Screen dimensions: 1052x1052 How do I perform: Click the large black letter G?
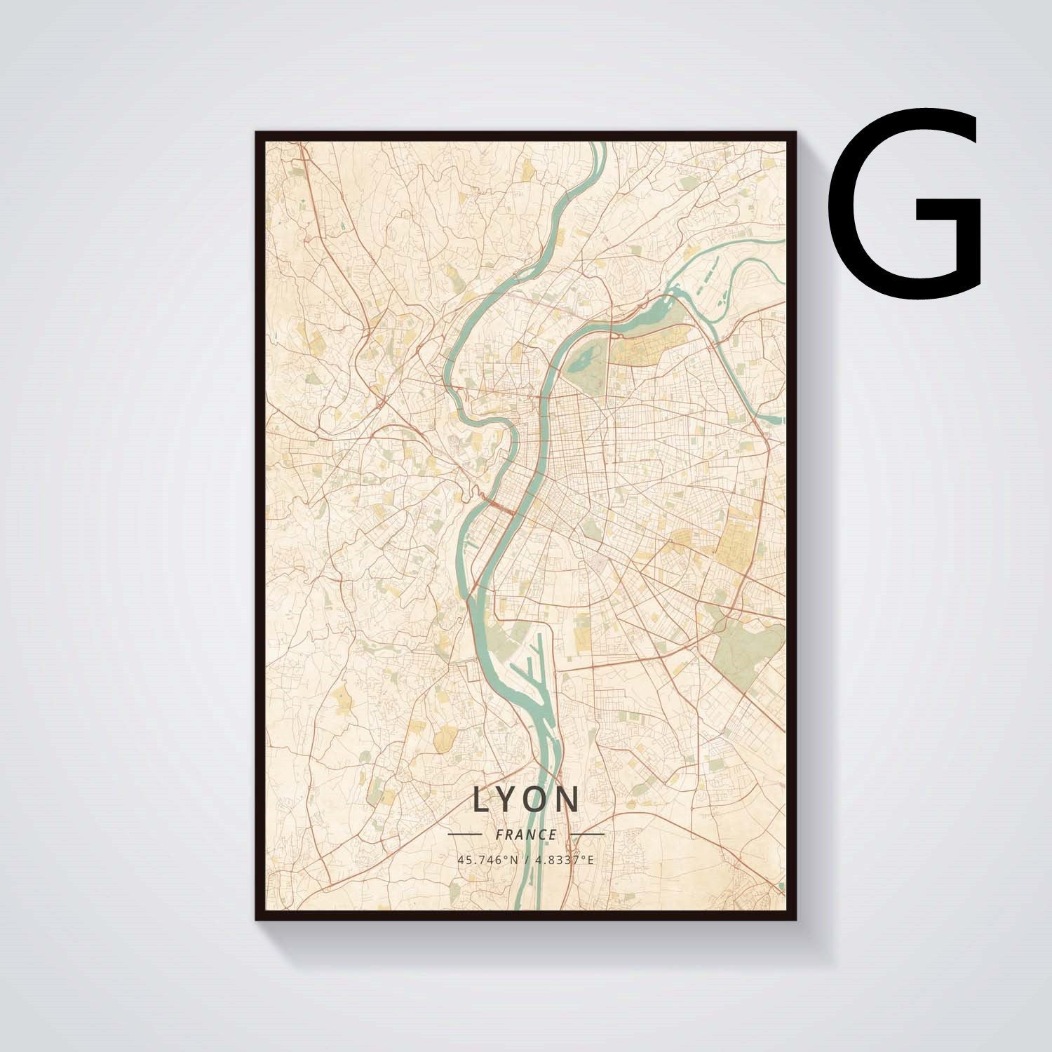(x=905, y=203)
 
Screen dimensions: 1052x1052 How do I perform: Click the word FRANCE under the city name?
(x=526, y=835)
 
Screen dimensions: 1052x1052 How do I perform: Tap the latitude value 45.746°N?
(x=487, y=859)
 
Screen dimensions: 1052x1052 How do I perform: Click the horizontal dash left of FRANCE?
(x=464, y=835)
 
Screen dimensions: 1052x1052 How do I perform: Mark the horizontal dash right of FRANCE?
(x=587, y=835)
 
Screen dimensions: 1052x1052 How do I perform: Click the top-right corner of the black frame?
(x=793, y=134)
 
